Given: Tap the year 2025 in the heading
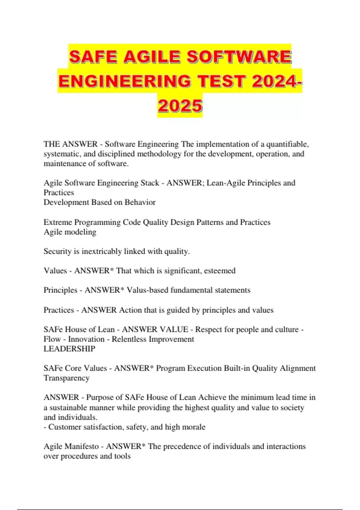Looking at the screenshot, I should coord(180,106).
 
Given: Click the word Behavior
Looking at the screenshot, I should coord(140,202).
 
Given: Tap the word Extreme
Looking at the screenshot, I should coord(58,222).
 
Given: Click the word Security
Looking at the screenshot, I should coord(58,251).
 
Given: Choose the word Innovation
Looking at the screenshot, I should coord(86,339).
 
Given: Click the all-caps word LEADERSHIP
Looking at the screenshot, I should coord(69,349).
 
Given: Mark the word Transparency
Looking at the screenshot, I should coord(67,378).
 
